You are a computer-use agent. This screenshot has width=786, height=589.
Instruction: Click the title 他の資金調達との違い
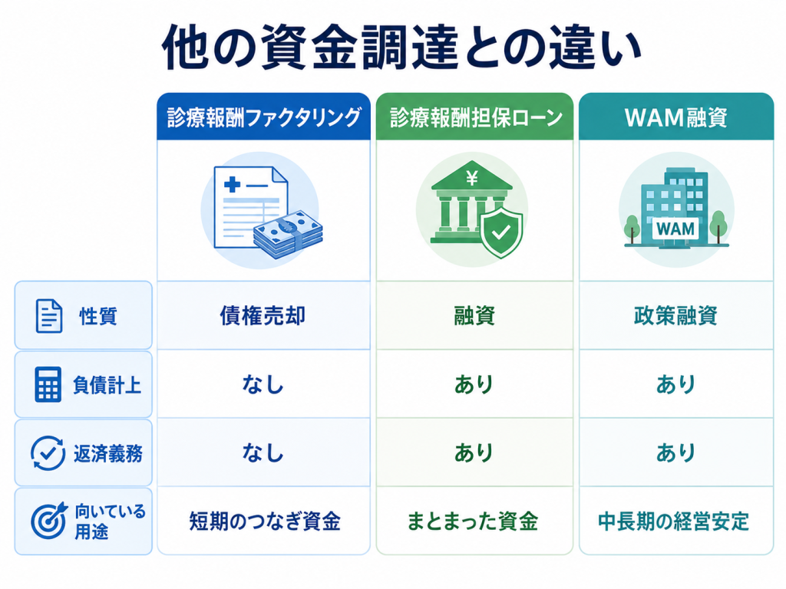click(401, 47)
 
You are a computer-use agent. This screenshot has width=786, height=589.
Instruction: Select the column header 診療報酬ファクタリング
click(264, 117)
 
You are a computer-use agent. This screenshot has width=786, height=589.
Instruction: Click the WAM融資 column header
click(675, 117)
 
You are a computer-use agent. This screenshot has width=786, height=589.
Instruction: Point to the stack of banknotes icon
click(289, 234)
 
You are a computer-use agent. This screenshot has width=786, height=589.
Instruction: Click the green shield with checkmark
click(500, 232)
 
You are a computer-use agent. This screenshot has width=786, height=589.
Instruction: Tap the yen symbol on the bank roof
click(472, 177)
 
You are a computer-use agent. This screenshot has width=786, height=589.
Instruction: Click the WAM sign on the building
click(675, 229)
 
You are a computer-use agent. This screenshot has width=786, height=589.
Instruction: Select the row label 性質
click(98, 316)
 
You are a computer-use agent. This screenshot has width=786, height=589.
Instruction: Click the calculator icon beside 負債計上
click(48, 384)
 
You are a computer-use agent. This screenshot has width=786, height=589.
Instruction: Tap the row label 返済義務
click(108, 453)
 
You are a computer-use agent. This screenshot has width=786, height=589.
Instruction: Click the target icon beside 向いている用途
click(48, 520)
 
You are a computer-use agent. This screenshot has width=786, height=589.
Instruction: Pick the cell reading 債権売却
click(263, 315)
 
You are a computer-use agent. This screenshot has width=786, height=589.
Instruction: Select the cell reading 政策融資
click(675, 315)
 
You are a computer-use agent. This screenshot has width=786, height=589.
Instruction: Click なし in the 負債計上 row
click(263, 385)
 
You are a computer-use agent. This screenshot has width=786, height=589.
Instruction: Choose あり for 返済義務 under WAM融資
click(675, 452)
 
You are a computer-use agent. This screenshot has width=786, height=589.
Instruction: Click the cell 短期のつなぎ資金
click(265, 521)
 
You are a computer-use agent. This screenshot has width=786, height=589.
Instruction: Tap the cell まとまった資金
click(473, 521)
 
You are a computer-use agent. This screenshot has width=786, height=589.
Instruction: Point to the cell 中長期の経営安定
click(674, 522)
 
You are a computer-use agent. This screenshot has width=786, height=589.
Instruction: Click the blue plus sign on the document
click(232, 184)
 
